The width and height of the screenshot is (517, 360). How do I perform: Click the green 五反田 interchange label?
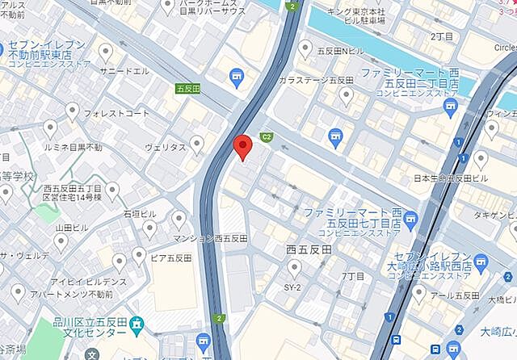coord(187,88)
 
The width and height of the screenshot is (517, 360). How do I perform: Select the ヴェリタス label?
coord(166,148)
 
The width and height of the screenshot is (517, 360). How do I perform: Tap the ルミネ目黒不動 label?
coord(74,148)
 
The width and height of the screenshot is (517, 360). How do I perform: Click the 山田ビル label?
coord(71,228)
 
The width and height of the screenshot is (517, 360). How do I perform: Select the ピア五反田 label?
coord(170,258)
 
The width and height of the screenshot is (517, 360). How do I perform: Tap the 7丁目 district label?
coord(353,276)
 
